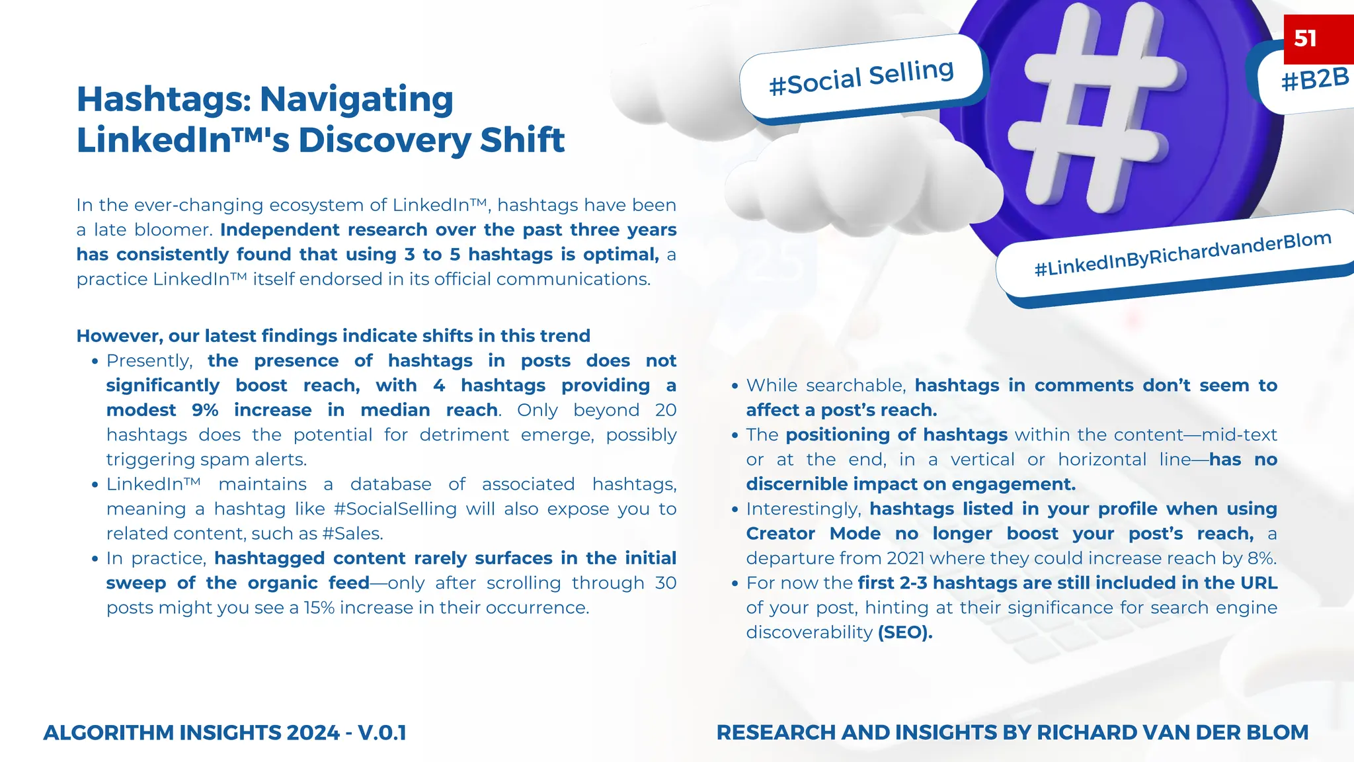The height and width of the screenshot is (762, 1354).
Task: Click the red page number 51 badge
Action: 1317,38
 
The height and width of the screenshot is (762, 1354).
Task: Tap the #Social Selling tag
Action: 861,77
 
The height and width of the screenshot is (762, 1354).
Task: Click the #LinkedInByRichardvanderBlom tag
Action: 1182,255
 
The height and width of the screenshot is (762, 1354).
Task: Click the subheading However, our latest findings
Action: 333,336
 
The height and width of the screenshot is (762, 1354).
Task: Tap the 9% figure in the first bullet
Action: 205,410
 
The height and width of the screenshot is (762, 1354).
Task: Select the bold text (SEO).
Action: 905,632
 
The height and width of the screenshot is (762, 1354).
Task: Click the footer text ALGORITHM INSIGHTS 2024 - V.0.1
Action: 225,733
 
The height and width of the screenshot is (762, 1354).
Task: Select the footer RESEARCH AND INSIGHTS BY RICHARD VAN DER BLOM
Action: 1012,733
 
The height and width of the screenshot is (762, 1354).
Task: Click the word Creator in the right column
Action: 780,534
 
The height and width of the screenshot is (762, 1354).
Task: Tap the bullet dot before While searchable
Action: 735,386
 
